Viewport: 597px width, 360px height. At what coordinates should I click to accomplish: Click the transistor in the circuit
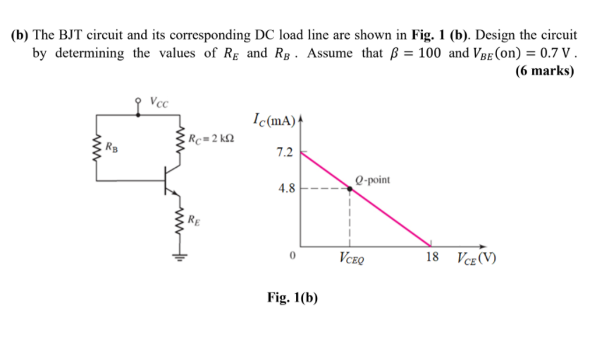[169, 180]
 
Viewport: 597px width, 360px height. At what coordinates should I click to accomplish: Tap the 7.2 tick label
[285, 151]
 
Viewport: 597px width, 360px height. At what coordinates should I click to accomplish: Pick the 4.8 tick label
[285, 188]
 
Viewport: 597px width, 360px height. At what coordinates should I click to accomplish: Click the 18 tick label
[432, 257]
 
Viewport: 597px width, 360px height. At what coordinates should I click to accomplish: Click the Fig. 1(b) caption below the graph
[293, 297]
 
